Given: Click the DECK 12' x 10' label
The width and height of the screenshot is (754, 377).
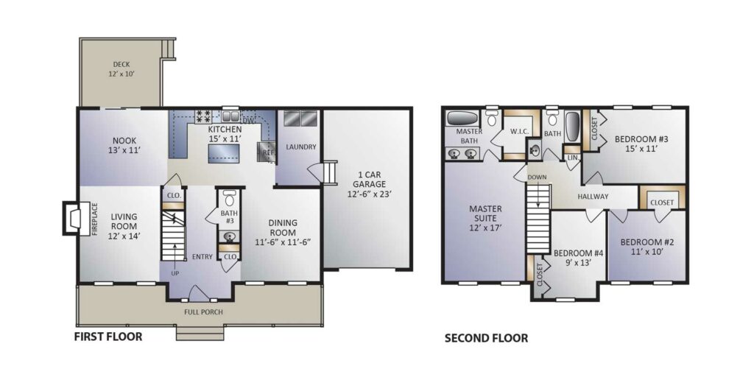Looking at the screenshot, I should click(x=122, y=69).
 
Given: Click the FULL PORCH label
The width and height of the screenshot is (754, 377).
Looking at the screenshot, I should click(x=204, y=311).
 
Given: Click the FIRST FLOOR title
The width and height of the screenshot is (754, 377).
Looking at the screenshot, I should click(x=108, y=337).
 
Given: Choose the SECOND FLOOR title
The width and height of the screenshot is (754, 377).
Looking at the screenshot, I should click(x=486, y=339).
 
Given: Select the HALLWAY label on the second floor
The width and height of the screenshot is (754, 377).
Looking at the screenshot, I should click(x=593, y=197).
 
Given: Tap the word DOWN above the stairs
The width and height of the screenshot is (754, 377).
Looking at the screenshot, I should click(x=537, y=177).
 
